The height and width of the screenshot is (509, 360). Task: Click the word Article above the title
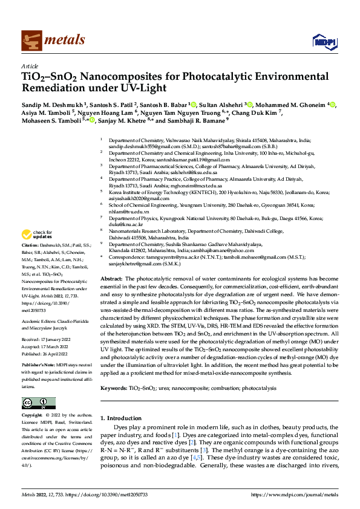(x=29, y=66)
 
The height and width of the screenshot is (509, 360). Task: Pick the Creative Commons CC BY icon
(x=38, y=403)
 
